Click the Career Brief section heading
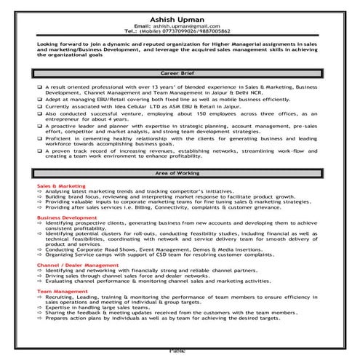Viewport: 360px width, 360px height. (x=180, y=73)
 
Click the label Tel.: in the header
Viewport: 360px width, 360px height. (x=132, y=31)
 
